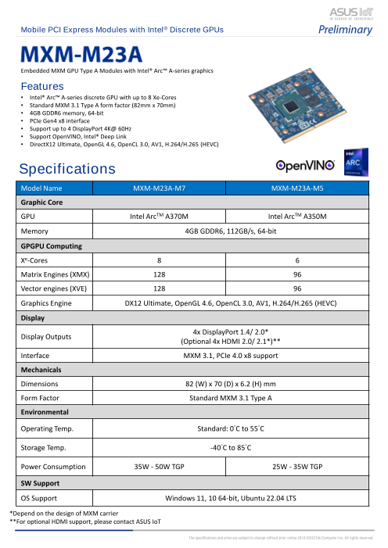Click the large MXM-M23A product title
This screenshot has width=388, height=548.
pos(81,55)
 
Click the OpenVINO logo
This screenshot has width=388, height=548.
pos(305,166)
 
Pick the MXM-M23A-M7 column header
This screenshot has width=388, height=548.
pos(160,188)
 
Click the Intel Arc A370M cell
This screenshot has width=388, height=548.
pos(160,216)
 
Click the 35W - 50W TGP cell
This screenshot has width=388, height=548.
pos(160,467)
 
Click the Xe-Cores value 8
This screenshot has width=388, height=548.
pos(160,260)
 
